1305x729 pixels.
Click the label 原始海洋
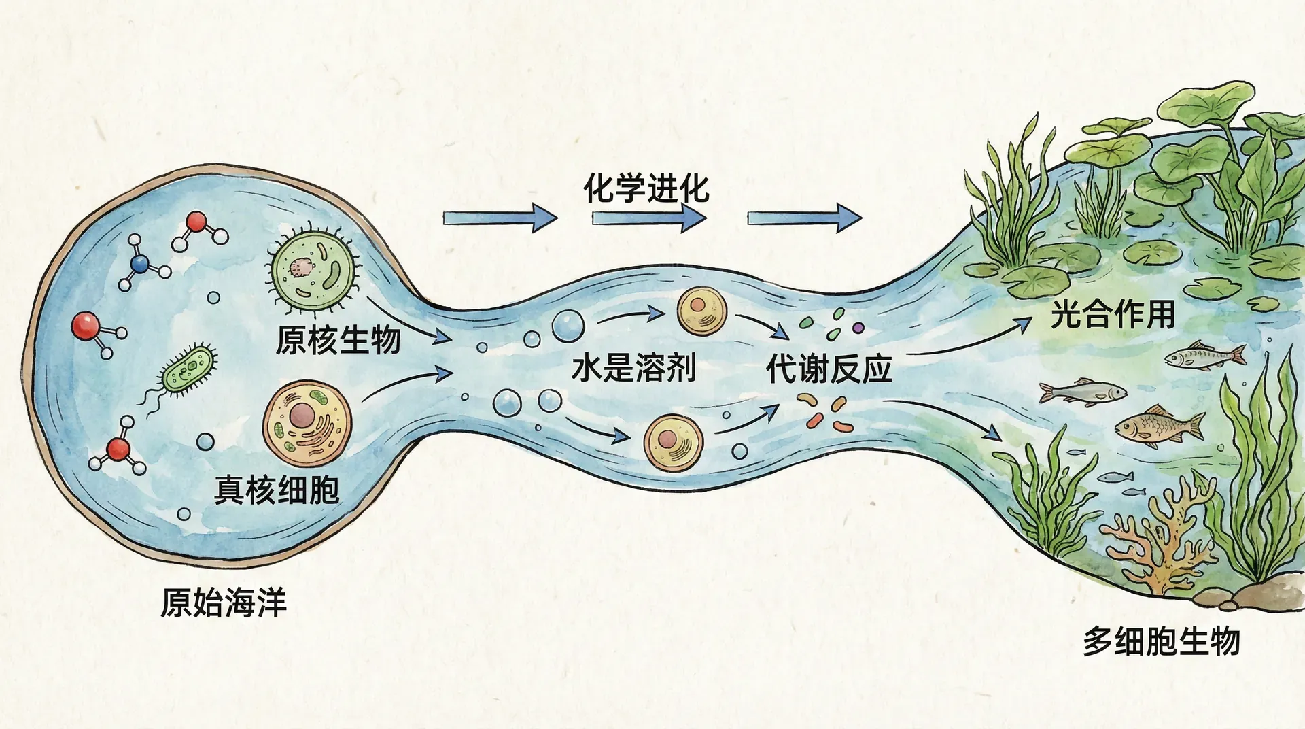pos(224,603)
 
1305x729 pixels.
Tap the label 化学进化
pos(646,188)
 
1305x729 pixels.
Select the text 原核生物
pos(338,339)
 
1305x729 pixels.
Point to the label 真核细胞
pos(277,490)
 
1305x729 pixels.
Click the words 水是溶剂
pos(633,368)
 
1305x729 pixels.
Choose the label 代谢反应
pos(829,369)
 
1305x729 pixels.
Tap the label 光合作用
pos(1113,314)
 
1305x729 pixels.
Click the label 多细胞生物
pos(1162,641)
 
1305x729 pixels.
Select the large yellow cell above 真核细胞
pos(307,423)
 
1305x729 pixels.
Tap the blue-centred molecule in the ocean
pos(141,264)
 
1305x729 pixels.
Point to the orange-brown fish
pos(1159,426)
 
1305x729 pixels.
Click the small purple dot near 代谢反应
pos(858,327)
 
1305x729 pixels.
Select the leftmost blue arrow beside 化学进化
pos(500,218)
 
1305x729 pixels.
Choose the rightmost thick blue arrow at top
pos(804,218)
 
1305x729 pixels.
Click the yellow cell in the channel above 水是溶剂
pos(701,312)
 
